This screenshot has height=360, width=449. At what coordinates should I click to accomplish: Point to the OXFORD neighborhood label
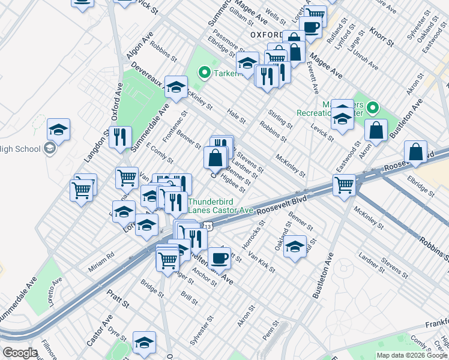(x=267, y=34)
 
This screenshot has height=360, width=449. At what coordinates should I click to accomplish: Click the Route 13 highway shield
(x=207, y=227)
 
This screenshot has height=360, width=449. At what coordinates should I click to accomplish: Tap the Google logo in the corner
(x=20, y=353)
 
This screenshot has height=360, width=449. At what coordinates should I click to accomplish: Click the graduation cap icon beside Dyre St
(x=144, y=342)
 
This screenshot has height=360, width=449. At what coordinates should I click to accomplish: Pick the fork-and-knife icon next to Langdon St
(x=121, y=137)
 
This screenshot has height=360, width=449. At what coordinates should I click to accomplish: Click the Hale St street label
(x=237, y=116)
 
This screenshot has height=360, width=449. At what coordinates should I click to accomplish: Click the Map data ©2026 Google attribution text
(x=412, y=355)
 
